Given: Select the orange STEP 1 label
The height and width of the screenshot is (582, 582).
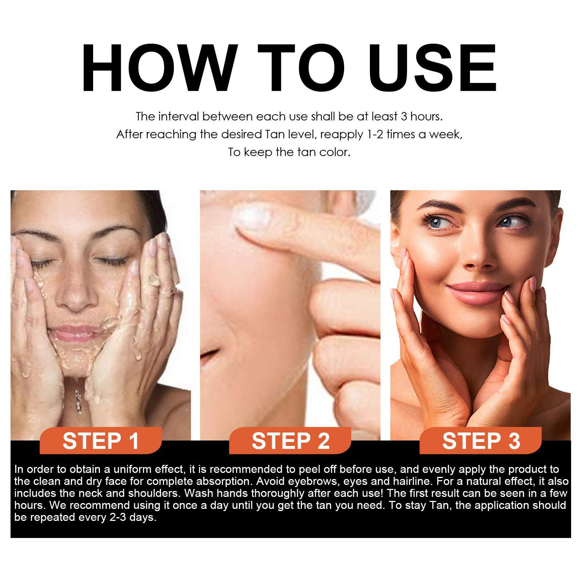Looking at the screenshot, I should (x=100, y=441).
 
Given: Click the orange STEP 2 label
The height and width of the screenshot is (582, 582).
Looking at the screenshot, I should (x=290, y=441).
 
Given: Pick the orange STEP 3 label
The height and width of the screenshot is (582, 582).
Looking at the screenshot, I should (x=481, y=441).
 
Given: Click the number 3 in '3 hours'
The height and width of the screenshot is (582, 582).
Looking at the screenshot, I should (x=404, y=116).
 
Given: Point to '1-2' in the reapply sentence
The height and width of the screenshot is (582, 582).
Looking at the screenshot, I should (x=375, y=135).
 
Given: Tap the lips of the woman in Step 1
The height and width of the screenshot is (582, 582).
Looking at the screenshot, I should (x=75, y=333).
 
